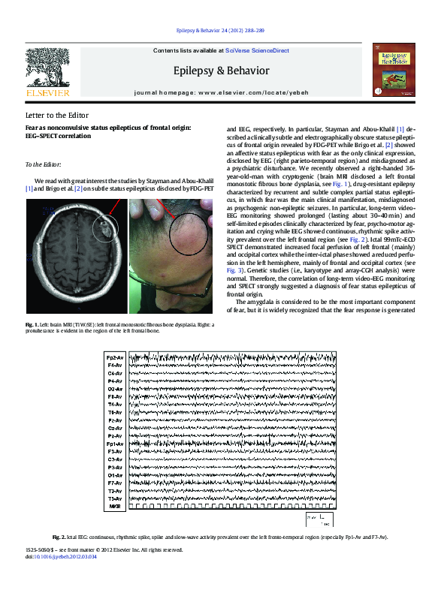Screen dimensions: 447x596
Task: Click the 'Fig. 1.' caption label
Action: (x=32, y=345)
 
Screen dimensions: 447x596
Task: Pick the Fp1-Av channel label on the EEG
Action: (x=115, y=444)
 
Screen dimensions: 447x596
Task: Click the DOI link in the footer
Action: (x=61, y=558)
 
